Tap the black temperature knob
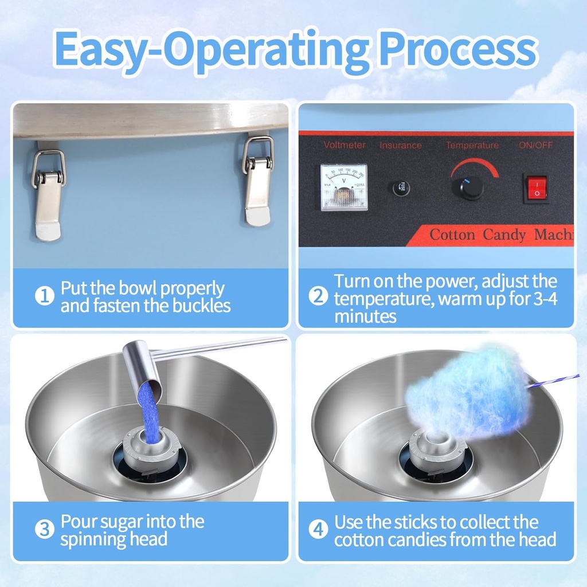click(x=471, y=187)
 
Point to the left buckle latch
click(x=48, y=194)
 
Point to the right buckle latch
click(x=257, y=180)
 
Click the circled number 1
click(x=45, y=297)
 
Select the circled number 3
click(x=45, y=529)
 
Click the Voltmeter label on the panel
click(x=344, y=145)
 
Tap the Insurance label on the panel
click(x=401, y=145)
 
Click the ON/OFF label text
click(x=536, y=145)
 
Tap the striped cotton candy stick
click(x=553, y=381)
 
